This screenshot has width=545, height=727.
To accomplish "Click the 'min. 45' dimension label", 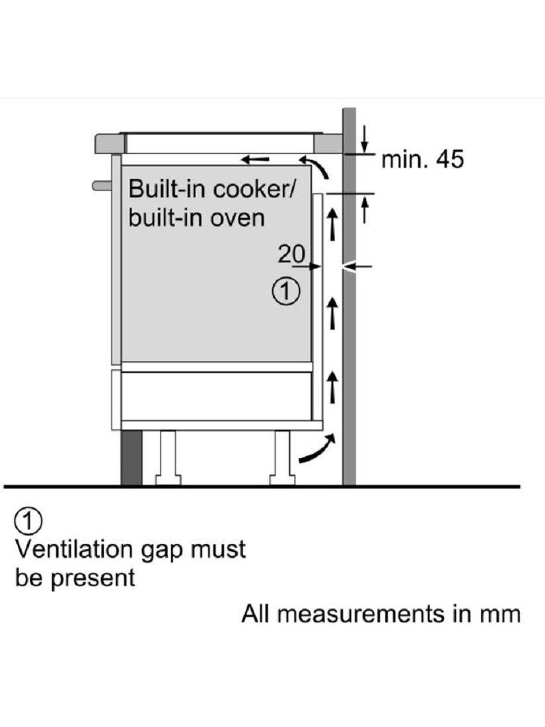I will point(423,159).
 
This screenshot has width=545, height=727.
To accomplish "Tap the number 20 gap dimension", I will point(291,254).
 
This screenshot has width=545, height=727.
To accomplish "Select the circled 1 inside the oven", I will point(286,291).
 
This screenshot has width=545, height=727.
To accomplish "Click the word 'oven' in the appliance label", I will point(237,217).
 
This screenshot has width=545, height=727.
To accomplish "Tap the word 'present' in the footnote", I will point(92,578).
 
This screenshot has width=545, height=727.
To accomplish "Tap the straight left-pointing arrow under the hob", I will point(255,159).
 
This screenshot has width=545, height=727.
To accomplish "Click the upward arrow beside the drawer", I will point(332,387).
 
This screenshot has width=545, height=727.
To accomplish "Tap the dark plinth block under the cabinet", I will point(131,457).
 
